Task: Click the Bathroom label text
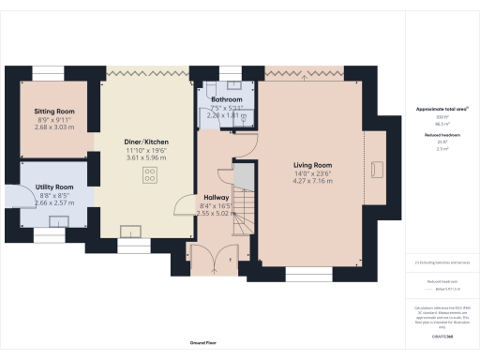(x=226, y=99)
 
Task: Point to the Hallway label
(x=217, y=198)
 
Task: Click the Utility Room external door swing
(x=17, y=194)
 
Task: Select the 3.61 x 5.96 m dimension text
(x=145, y=158)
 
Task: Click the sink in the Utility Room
(x=60, y=219)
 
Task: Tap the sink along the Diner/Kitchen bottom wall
(x=131, y=229)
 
